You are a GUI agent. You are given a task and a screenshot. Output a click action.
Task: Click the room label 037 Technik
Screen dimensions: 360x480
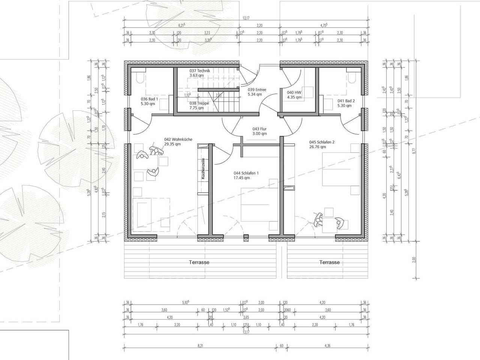[x=200, y=71]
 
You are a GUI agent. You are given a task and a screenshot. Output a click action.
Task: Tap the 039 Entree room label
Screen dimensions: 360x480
[x=257, y=90]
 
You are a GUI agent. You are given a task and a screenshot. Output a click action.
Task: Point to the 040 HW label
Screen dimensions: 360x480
[x=294, y=92]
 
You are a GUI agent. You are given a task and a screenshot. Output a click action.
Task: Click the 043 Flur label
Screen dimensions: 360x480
[x=259, y=129]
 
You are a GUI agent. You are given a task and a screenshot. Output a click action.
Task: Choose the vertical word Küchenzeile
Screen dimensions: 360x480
[x=203, y=169]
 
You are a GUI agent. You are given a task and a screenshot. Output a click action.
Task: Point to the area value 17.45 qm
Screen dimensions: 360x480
[x=242, y=178]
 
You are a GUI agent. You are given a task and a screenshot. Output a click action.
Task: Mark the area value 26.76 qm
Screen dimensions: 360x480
[x=318, y=147]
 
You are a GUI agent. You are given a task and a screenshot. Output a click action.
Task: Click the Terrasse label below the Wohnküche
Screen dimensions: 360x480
[x=199, y=262]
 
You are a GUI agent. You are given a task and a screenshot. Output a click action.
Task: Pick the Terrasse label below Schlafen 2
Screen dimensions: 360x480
[x=329, y=262]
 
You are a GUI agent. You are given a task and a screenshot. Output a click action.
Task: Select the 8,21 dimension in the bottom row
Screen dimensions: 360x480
[x=199, y=347]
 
